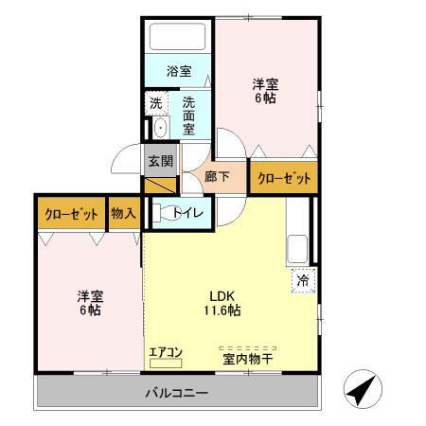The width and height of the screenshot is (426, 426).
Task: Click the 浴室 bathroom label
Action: click(178, 71)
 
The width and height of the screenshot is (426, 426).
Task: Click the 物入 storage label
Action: click(123, 213)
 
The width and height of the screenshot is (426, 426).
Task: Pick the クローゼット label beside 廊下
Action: click(282, 177)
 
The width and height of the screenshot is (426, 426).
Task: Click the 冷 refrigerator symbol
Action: click(303, 280)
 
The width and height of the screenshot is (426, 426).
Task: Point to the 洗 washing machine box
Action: click(154, 101)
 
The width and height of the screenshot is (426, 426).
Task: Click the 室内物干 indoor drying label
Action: click(248, 357)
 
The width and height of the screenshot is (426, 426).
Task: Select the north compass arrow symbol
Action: click(362, 389)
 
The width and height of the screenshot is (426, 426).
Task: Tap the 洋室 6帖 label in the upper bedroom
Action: click(264, 90)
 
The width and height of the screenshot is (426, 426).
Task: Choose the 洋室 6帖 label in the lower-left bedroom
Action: click(89, 302)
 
